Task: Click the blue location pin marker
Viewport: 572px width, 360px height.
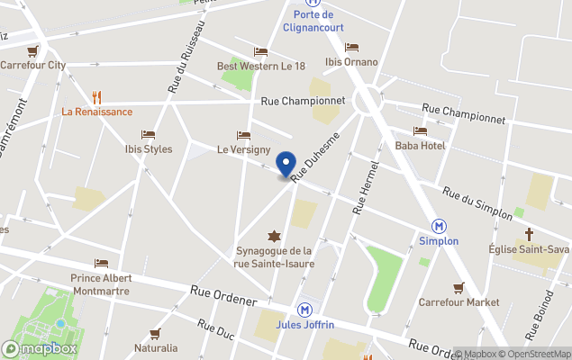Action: click(286, 164)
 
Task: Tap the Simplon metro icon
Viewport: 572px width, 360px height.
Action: click(440, 226)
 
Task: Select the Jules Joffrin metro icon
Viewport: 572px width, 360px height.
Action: click(305, 309)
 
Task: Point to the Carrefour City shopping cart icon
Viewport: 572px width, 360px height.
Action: click(33, 50)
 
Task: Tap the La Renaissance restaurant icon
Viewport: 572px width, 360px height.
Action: click(96, 97)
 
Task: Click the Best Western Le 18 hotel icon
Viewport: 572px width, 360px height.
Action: click(261, 51)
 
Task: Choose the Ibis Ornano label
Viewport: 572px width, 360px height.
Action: click(351, 62)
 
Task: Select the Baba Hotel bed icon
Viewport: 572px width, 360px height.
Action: click(420, 131)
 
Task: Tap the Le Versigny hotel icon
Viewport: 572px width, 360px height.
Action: click(243, 135)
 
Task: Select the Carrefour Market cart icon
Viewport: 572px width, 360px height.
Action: click(459, 288)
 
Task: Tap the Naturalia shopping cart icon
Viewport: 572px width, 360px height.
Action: click(155, 334)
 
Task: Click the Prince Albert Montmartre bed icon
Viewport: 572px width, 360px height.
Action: click(101, 264)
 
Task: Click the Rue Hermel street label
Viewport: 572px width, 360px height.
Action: click(365, 193)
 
